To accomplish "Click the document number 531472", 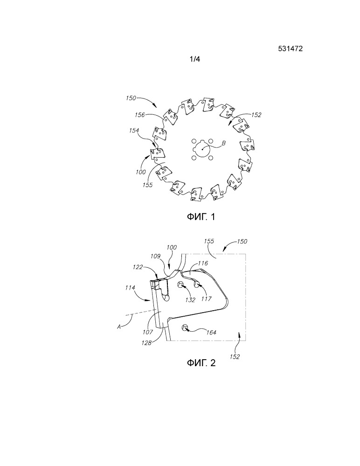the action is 290,49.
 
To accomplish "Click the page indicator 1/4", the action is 195,59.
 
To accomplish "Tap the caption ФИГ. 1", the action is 201,216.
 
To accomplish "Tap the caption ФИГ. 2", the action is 201,362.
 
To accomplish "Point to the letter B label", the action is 224,143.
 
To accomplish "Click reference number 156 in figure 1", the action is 139,115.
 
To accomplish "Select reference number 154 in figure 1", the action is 134,131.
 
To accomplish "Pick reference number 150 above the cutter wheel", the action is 131,98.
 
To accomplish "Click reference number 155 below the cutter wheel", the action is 147,185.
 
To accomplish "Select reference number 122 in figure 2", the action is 138,267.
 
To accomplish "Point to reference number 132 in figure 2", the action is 190,299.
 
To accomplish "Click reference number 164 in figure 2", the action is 211,332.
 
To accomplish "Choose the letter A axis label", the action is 119,327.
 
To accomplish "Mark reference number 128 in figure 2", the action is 146,343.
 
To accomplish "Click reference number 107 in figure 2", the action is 148,332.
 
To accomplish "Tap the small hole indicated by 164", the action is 185,327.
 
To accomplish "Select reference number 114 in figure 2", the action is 130,288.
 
